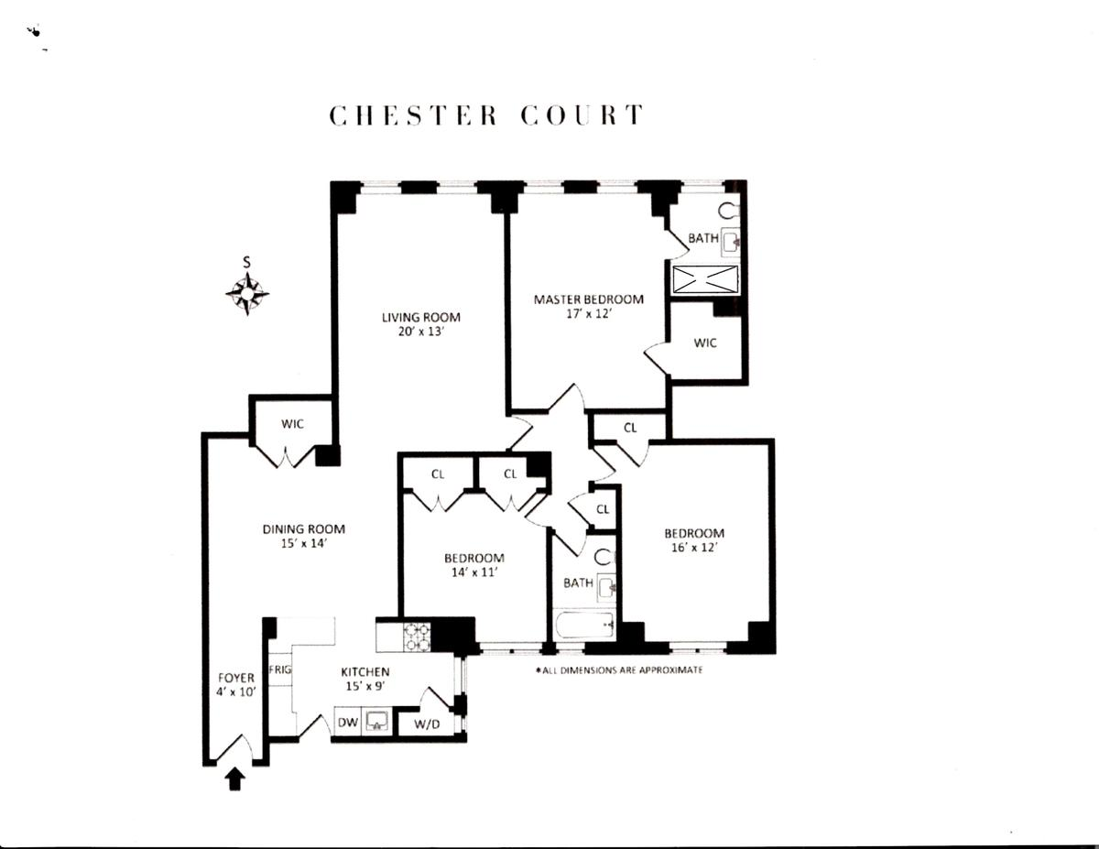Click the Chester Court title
click(486, 116)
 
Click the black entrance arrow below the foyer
click(234, 778)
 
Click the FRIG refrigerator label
click(280, 669)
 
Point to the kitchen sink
click(376, 722)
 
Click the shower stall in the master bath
click(705, 279)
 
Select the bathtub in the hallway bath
click(583, 628)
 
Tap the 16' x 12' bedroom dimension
click(694, 548)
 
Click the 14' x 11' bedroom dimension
click(474, 572)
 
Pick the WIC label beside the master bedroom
click(705, 343)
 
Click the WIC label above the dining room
click(292, 424)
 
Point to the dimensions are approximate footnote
click(619, 670)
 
